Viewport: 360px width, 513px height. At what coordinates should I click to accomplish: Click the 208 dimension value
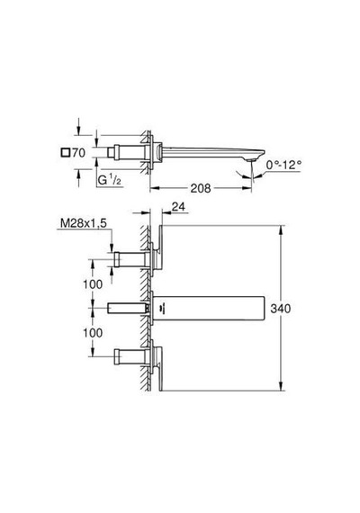(201, 188)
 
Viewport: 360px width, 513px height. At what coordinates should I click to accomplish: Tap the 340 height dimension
(281, 308)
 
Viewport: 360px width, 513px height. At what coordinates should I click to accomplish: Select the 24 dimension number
(178, 206)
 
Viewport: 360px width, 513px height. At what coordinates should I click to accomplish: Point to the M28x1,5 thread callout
(84, 223)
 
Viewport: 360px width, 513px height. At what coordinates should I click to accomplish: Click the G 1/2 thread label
(110, 180)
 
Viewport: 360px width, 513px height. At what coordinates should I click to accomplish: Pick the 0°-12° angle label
(283, 165)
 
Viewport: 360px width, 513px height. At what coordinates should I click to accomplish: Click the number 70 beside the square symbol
(78, 152)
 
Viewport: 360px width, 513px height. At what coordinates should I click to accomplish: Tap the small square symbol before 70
(66, 152)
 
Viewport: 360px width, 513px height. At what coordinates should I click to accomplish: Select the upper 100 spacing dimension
(93, 284)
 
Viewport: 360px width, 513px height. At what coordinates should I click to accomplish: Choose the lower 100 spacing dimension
(93, 333)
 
